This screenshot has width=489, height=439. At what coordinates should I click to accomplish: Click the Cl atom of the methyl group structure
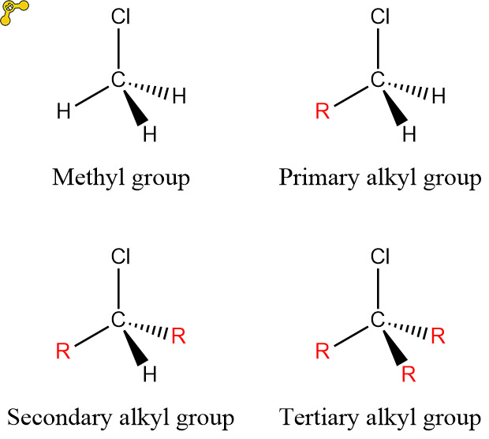tap(121, 17)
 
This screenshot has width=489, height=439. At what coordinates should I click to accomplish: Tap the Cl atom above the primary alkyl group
tap(379, 17)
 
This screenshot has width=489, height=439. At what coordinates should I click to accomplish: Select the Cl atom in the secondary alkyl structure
tap(121, 256)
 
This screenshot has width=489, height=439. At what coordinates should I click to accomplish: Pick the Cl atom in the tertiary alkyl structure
tap(379, 256)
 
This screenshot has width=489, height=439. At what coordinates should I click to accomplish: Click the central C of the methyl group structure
tap(118, 80)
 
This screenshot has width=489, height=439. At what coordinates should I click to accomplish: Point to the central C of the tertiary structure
tap(377, 319)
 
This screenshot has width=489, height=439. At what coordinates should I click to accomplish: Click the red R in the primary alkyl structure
tap(322, 111)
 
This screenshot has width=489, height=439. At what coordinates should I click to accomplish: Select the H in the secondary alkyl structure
tap(150, 373)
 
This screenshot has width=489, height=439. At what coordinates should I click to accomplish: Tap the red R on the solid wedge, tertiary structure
tap(409, 373)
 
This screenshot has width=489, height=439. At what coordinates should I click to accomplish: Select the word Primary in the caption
tap(312, 178)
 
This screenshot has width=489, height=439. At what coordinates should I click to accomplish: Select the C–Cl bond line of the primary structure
tap(378, 49)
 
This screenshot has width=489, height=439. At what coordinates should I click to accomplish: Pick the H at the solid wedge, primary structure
tap(409, 135)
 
